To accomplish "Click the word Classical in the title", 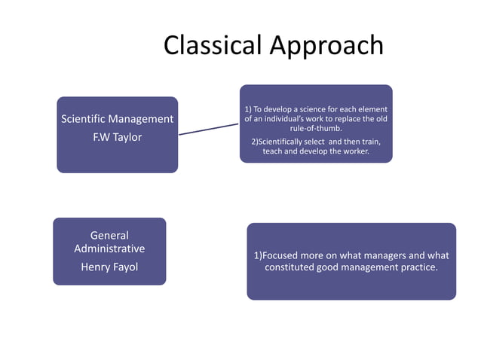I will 212,45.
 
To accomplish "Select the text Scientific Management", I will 117,119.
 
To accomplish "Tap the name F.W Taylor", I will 117,137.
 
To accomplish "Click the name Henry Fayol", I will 109,267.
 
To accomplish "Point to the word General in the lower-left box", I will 109,235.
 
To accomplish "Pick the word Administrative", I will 109,249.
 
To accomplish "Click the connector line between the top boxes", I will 208,130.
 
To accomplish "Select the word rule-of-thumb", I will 316,129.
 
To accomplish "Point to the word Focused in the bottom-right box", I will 283,255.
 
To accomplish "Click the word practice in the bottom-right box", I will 417,267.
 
